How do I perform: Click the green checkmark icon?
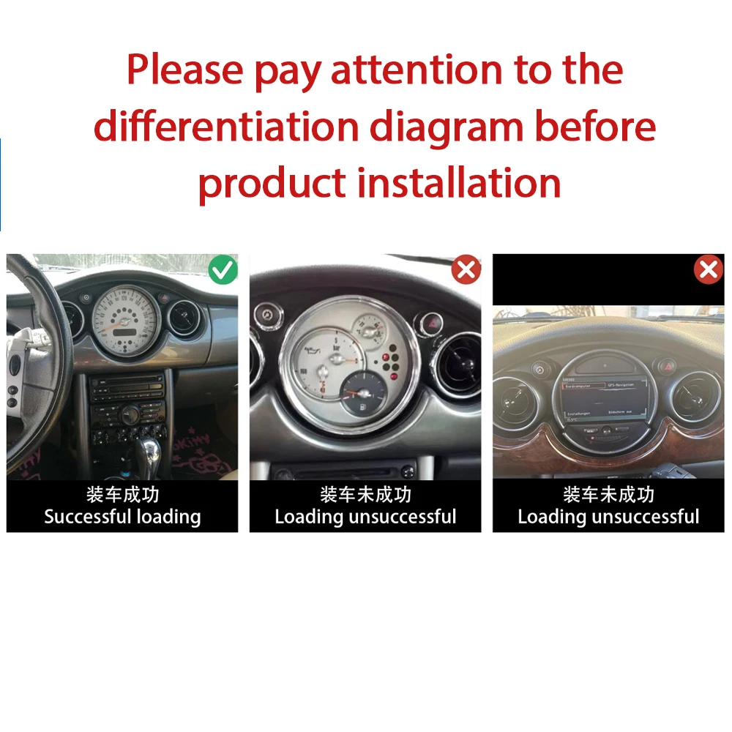click(x=223, y=270)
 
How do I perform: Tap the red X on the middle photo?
click(x=466, y=270)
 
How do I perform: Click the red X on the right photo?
click(x=708, y=270)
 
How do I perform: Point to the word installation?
click(x=459, y=182)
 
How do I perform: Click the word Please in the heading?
click(x=184, y=70)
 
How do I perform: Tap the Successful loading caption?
click(x=122, y=517)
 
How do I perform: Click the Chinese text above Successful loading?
click(x=122, y=495)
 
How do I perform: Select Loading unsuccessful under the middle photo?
click(x=365, y=517)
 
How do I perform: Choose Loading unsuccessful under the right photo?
click(x=608, y=517)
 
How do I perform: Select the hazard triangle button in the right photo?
click(x=667, y=364)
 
